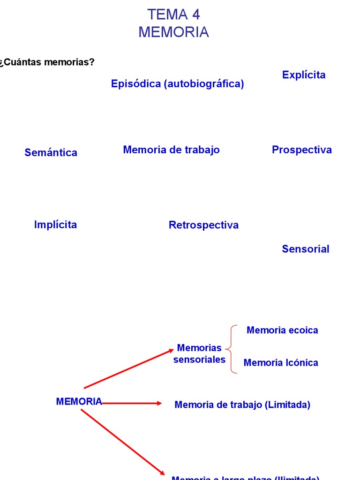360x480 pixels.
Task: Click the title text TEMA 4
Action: [x=173, y=15]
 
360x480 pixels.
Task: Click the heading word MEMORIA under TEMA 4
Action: [x=173, y=32]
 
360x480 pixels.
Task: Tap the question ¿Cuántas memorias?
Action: [x=47, y=62]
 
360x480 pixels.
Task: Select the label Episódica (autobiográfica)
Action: [x=177, y=84]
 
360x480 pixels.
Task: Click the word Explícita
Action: [x=304, y=75]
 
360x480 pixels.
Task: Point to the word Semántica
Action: [x=51, y=152]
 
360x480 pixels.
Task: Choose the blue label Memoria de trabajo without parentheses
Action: [x=171, y=150]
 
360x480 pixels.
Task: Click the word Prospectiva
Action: [x=301, y=150]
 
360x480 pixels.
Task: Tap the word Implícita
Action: [x=55, y=225]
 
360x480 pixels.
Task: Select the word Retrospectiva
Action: [x=203, y=225]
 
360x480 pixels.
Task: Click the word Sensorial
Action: [x=305, y=249]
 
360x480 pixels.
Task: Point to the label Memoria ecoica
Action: [x=282, y=330]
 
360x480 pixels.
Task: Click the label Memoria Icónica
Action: [x=281, y=362]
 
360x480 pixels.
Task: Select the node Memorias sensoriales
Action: [x=199, y=353]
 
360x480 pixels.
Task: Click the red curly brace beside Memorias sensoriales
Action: [x=232, y=349]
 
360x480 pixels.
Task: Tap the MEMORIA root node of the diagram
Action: [x=79, y=402]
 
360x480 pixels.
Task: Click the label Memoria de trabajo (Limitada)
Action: [x=242, y=405]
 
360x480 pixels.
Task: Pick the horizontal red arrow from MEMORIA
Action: [x=131, y=403]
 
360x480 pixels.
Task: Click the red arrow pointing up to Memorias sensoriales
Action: [x=129, y=368]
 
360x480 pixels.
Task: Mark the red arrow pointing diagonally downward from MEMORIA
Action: [x=123, y=442]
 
